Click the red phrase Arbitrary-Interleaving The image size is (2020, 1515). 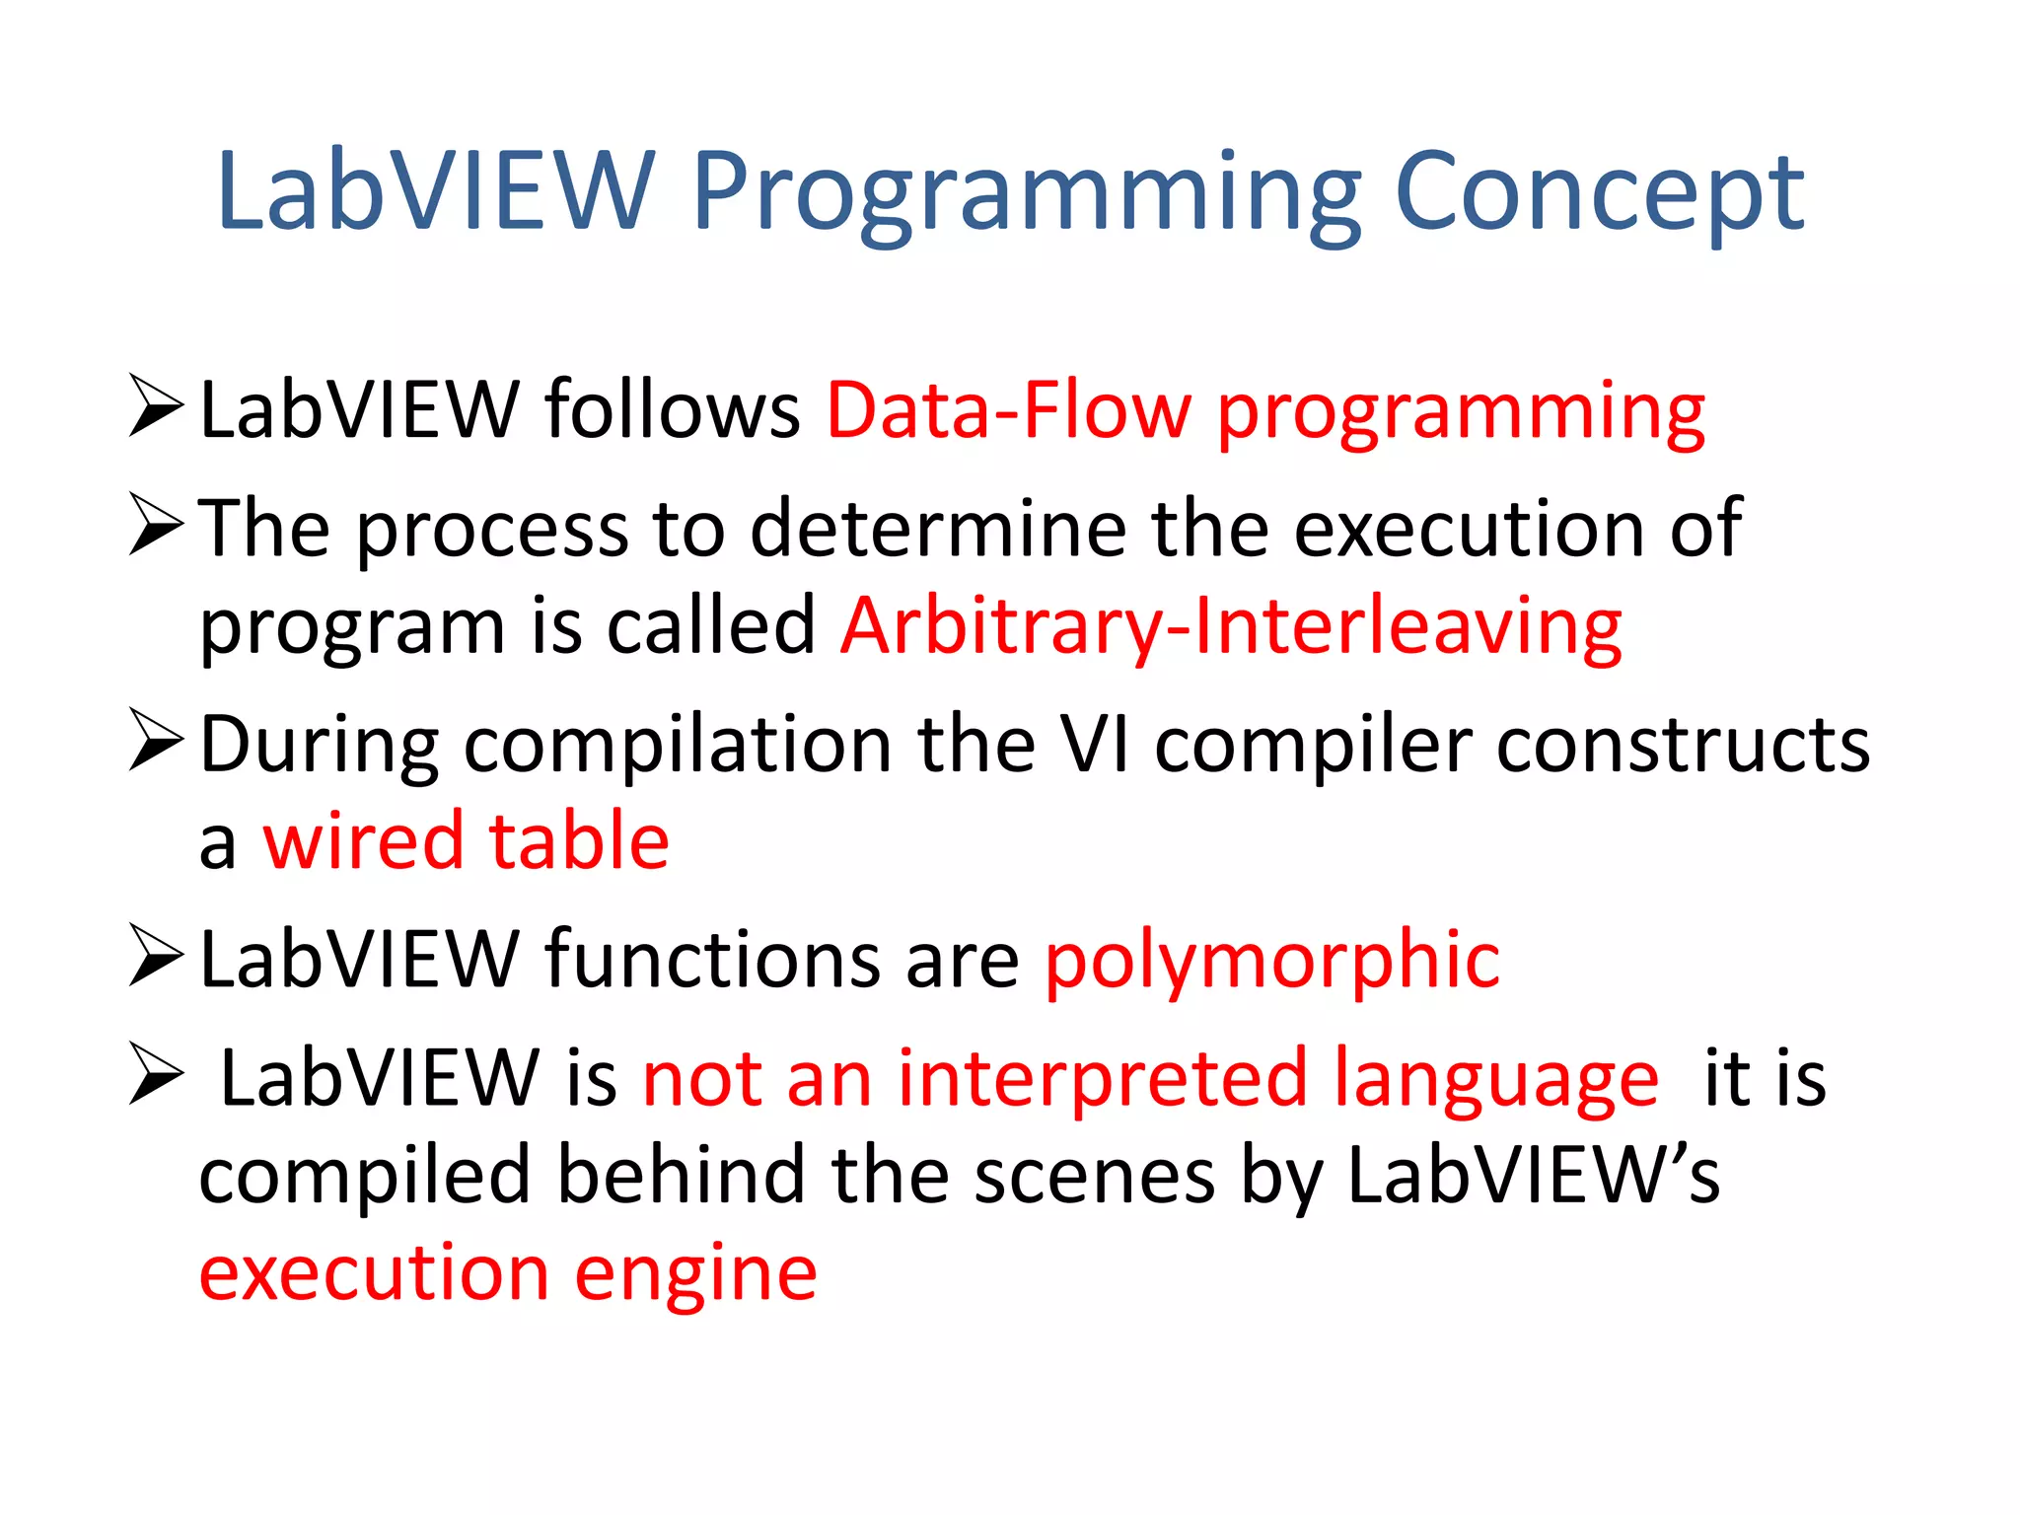(x=1231, y=627)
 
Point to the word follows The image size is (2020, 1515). (x=673, y=408)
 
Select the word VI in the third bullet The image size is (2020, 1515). (x=1093, y=745)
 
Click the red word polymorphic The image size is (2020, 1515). (x=1272, y=962)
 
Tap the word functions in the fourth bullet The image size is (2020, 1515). (x=712, y=960)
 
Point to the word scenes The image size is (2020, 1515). (x=1094, y=1177)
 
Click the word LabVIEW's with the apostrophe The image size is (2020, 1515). (x=1533, y=1176)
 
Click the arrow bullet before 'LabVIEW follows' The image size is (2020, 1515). (x=156, y=405)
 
